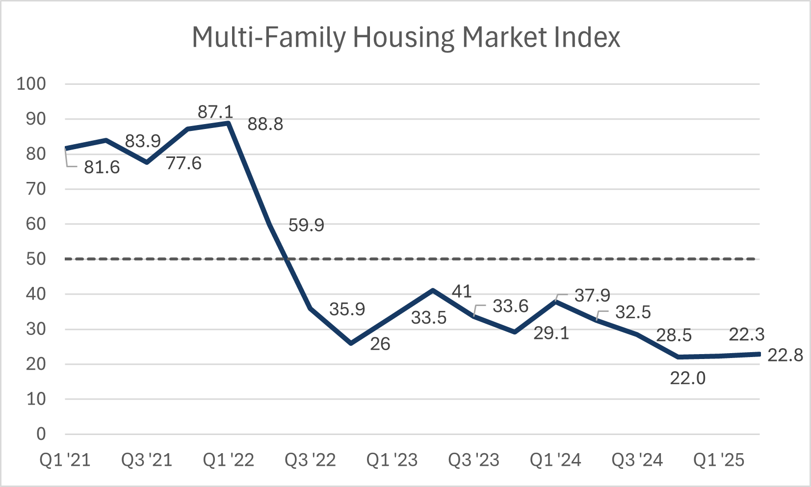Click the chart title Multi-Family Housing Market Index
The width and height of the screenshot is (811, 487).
pos(406,37)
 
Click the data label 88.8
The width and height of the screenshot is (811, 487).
pos(265,125)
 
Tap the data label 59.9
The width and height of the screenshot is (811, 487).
pos(306,226)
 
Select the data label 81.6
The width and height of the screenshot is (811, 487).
pos(102,168)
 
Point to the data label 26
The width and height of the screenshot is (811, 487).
pos(380,344)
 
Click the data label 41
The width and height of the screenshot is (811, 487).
pos(462,292)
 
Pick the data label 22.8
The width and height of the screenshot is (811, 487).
pos(785,355)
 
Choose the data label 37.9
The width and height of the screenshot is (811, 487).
pos(592,296)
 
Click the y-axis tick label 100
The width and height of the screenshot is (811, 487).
pos(31,84)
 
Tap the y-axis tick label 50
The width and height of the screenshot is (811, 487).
pos(36,259)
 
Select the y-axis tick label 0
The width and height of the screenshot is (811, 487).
pos(41,434)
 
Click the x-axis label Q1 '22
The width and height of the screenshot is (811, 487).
pos(229,461)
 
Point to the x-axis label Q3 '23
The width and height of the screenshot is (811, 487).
pos(474,461)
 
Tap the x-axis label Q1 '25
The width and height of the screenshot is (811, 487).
pos(719,461)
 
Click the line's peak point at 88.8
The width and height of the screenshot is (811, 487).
pos(229,123)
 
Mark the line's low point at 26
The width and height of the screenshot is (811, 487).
pos(351,343)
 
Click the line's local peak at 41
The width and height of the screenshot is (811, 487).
pos(433,290)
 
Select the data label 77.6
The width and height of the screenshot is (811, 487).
pos(183,163)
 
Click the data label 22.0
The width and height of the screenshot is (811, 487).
pos(688,378)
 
